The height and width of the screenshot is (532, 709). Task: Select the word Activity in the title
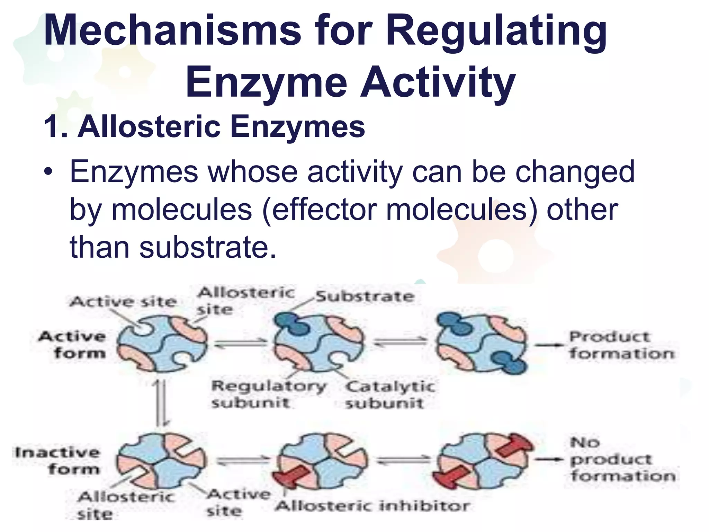click(x=438, y=83)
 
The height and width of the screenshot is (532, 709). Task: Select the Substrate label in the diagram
click(x=365, y=296)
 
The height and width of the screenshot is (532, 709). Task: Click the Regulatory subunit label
click(x=268, y=394)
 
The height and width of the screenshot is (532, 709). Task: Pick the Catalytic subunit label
click(x=389, y=395)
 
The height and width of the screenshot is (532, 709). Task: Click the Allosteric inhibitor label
click(x=373, y=506)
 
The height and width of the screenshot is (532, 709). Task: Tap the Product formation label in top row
click(x=621, y=345)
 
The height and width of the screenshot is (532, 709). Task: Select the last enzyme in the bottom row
click(x=483, y=461)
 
